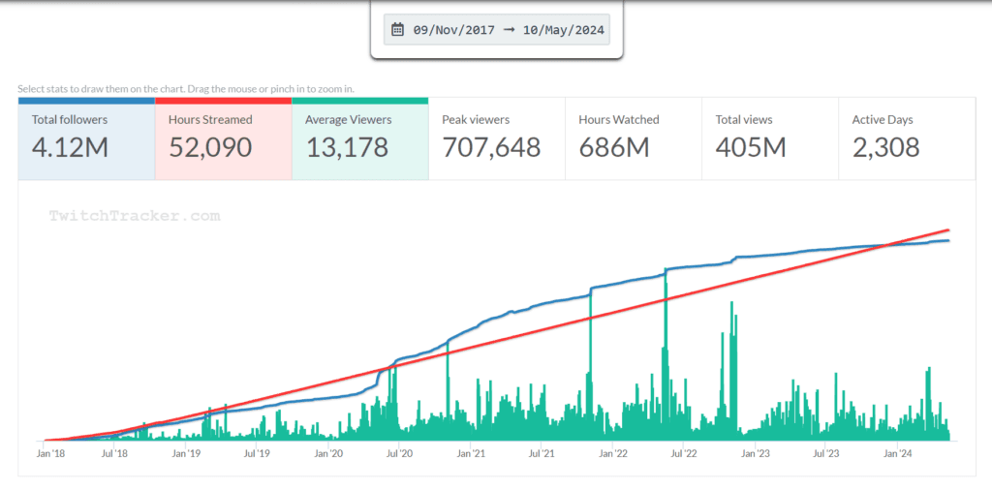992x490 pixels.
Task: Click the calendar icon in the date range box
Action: [x=397, y=30]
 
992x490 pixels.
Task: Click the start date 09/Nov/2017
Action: [x=453, y=30]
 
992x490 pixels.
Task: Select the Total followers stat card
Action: [x=86, y=138]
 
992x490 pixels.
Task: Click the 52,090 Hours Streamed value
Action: [x=210, y=148]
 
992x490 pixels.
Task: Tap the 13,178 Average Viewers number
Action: [x=347, y=148]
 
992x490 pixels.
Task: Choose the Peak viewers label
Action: [x=476, y=120]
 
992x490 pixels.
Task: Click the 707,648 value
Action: [x=491, y=148]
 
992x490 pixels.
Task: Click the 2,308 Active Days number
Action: [x=885, y=148]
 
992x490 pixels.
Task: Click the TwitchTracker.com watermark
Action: [x=135, y=217]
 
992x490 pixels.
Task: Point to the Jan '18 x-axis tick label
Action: [x=52, y=453]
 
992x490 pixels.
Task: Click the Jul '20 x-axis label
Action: [x=399, y=453]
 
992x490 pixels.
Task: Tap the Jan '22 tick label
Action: [x=613, y=453]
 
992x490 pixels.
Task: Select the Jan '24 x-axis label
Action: [x=897, y=453]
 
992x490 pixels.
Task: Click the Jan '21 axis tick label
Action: [x=471, y=453]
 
